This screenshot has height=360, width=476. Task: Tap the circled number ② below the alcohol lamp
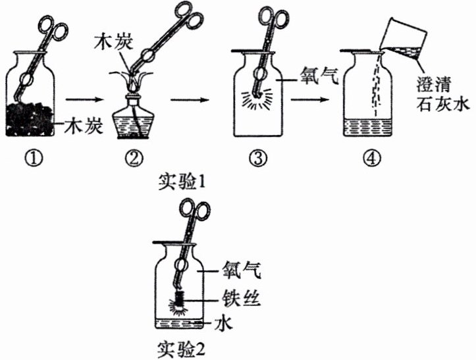tap(135, 158)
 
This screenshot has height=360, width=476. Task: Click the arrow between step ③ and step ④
tap(309, 99)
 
